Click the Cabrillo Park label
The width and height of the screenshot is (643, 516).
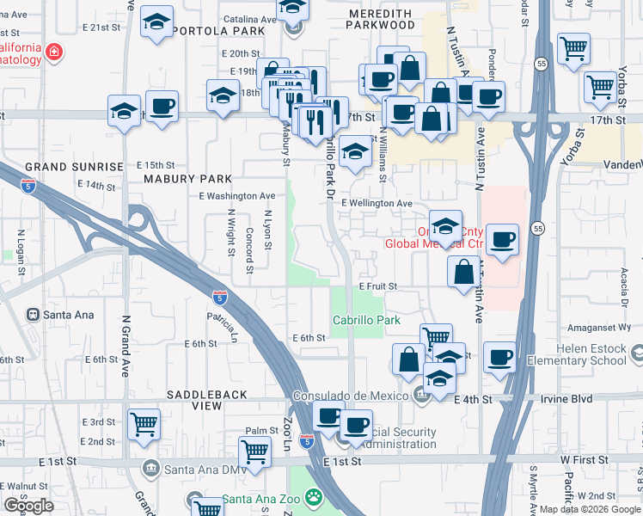coord(366,320)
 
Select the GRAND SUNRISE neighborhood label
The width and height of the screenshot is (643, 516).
coord(74,166)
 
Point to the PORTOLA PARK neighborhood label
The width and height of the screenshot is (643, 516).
coord(217,30)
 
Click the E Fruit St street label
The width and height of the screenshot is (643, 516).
coord(377,286)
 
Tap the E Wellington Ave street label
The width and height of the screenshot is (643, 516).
coord(376,203)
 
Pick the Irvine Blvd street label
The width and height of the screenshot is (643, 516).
coord(567,399)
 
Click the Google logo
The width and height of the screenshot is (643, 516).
coord(29,506)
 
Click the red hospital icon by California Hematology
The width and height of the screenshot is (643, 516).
coord(54,52)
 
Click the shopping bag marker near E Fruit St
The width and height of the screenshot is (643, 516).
coord(463,272)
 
